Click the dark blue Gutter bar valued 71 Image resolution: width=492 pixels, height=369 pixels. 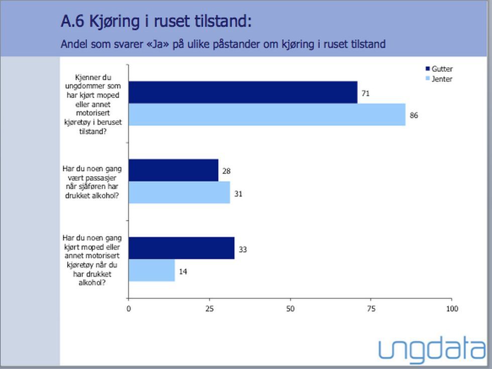243,92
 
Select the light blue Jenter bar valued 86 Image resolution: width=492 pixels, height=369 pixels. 267,115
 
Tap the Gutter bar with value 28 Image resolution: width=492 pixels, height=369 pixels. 174,170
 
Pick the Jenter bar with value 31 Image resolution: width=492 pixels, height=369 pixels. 179,192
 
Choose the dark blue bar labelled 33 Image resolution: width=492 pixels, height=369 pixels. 182,248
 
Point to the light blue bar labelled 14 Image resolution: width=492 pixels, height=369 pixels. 152,270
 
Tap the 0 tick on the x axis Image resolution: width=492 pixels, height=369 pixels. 129,309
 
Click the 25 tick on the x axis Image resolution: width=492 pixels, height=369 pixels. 209,309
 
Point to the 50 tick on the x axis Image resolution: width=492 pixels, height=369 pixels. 290,309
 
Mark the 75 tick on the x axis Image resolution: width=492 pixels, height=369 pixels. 371,309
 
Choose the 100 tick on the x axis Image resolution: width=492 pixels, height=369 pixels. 452,309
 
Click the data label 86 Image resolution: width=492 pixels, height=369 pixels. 414,115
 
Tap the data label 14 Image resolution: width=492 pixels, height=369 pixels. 183,271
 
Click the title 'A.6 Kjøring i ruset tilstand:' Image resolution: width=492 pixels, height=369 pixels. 156,22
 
